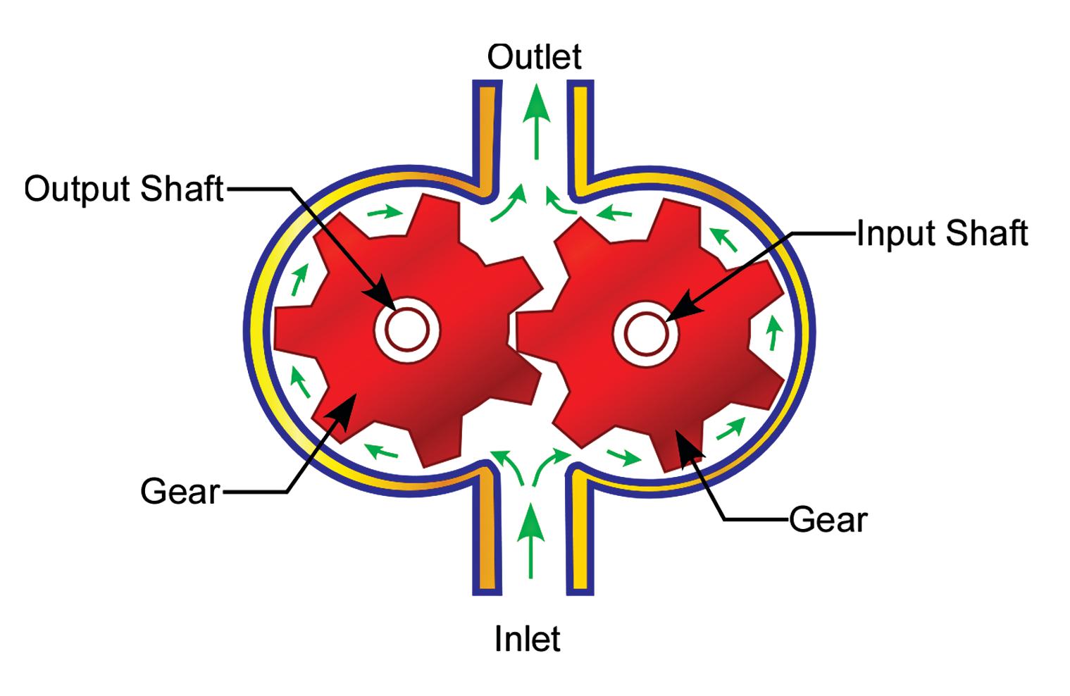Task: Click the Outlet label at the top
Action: (534, 57)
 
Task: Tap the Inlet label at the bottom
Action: (527, 639)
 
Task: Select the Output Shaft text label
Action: (124, 189)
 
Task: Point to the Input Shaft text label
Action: (942, 233)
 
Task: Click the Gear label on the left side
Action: (180, 491)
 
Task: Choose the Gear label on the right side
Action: (828, 520)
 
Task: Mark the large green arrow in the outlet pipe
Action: (537, 120)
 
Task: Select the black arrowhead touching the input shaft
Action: (678, 311)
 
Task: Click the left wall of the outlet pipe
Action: (487, 134)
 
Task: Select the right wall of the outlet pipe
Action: (581, 134)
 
